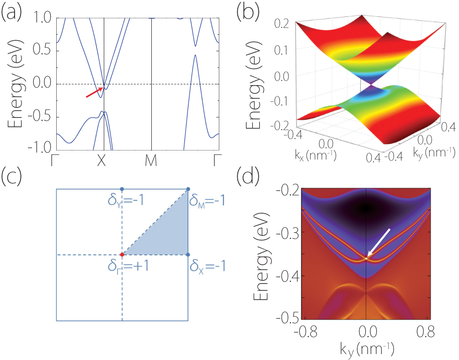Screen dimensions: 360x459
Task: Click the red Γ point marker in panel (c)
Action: (x=122, y=254)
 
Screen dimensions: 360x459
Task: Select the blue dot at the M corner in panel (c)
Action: (x=188, y=189)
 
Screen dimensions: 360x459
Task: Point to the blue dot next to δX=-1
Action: (x=188, y=254)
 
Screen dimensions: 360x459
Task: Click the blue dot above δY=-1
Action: (x=122, y=189)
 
